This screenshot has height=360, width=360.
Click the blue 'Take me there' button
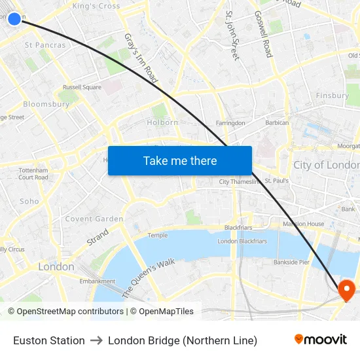coord(180,160)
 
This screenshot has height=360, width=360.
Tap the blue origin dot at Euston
coord(14,18)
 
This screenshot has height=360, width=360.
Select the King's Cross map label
coord(96,6)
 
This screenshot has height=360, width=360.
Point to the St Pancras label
coord(45,45)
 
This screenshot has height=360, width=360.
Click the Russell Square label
coord(82,87)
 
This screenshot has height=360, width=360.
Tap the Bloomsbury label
coord(46,104)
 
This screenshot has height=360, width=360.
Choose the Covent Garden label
coord(94,219)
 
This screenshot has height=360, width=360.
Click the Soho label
coord(29,202)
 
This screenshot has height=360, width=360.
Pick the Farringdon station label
coord(230,123)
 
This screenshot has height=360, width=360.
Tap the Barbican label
coord(277,123)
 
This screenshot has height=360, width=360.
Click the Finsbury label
coord(333,96)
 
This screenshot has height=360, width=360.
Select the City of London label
coord(326,165)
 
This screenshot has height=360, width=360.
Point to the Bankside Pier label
coord(291,262)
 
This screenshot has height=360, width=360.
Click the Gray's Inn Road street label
coord(141,58)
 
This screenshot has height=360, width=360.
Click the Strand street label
coord(98,237)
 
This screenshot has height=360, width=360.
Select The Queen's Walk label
coord(149,278)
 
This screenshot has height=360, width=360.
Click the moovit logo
coord(320,340)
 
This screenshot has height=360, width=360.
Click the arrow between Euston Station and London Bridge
coord(96,340)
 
